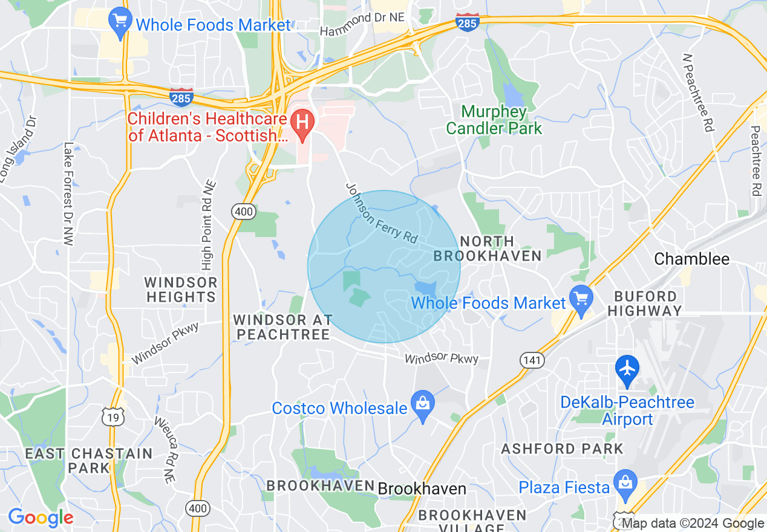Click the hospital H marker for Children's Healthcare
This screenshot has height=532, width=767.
pos(301,122)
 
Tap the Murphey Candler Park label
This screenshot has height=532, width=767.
pos(494,120)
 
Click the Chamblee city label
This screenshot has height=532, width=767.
pos(692,259)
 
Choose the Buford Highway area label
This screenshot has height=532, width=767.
pos(645,303)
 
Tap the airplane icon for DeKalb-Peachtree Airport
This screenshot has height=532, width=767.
pos(627,368)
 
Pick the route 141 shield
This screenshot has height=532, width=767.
pos(532,360)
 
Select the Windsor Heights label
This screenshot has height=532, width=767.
pos(181,290)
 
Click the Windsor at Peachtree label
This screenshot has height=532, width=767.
pos(282,326)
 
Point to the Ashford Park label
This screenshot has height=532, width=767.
pos(562,449)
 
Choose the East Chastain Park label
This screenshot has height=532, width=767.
pos(89,460)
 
